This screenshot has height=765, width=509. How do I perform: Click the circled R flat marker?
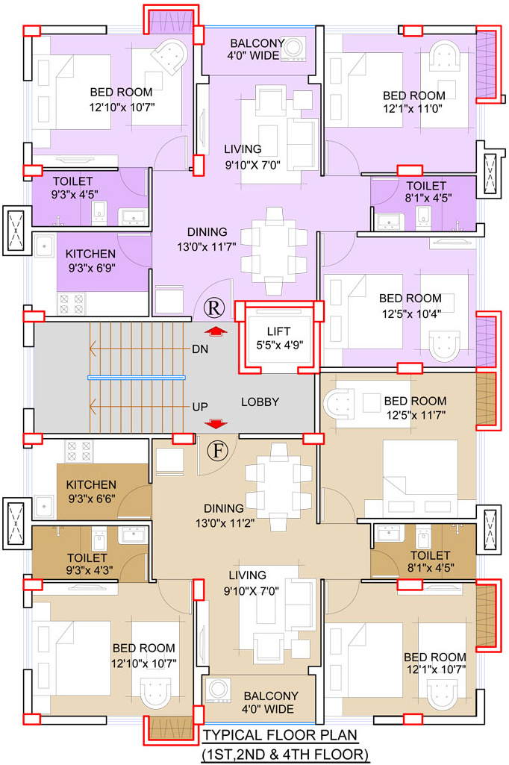point(213,307)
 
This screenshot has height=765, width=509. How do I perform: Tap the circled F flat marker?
point(218,451)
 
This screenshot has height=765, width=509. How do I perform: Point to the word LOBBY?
point(260,402)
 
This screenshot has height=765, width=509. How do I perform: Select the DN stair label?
point(200,349)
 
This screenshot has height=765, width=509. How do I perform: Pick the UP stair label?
point(200,407)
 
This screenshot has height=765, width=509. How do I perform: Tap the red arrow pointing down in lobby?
point(215,423)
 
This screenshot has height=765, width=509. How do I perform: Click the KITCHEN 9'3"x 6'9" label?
point(91,260)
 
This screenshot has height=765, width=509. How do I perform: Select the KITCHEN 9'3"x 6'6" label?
point(91,491)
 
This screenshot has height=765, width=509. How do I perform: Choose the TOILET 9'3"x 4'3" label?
point(87,564)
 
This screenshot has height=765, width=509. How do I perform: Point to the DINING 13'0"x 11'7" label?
point(207,239)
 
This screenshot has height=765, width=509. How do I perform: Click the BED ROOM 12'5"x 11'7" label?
point(416,408)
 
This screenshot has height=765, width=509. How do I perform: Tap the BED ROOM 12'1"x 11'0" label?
point(413,102)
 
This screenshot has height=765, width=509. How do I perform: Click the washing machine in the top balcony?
point(294,48)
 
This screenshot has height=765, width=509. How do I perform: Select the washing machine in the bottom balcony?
point(218,690)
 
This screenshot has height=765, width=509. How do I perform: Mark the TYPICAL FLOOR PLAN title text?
point(280,734)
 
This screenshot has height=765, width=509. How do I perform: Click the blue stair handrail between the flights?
point(137,378)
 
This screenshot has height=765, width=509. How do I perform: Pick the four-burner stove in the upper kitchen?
point(71,304)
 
